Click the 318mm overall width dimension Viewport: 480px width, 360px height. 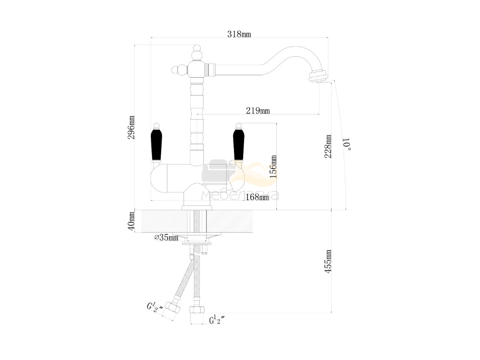pyautogui.click(x=239, y=34)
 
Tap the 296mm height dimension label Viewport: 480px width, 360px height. pyautogui.click(x=131, y=128)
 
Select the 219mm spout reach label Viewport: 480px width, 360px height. pyautogui.click(x=258, y=111)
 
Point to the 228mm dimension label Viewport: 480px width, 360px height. pyautogui.click(x=328, y=146)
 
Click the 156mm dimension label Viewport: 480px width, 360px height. pyautogui.click(x=273, y=166)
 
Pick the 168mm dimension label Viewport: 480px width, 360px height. pyautogui.click(x=257, y=197)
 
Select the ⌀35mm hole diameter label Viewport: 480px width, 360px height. pyautogui.click(x=166, y=237)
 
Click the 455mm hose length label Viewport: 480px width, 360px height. pyautogui.click(x=328, y=261)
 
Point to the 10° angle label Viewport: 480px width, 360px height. pyautogui.click(x=347, y=144)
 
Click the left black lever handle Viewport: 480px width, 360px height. pyautogui.click(x=156, y=145)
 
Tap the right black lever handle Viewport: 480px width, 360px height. pyautogui.click(x=239, y=145)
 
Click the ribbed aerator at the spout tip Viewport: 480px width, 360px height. pyautogui.click(x=318, y=76)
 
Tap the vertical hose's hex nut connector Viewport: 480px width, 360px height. pyautogui.click(x=196, y=310)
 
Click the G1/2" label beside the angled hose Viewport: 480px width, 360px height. pyautogui.click(x=155, y=308)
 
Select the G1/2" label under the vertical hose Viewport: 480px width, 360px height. pyautogui.click(x=217, y=320)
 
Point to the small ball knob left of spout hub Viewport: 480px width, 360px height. pyautogui.click(x=175, y=70)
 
